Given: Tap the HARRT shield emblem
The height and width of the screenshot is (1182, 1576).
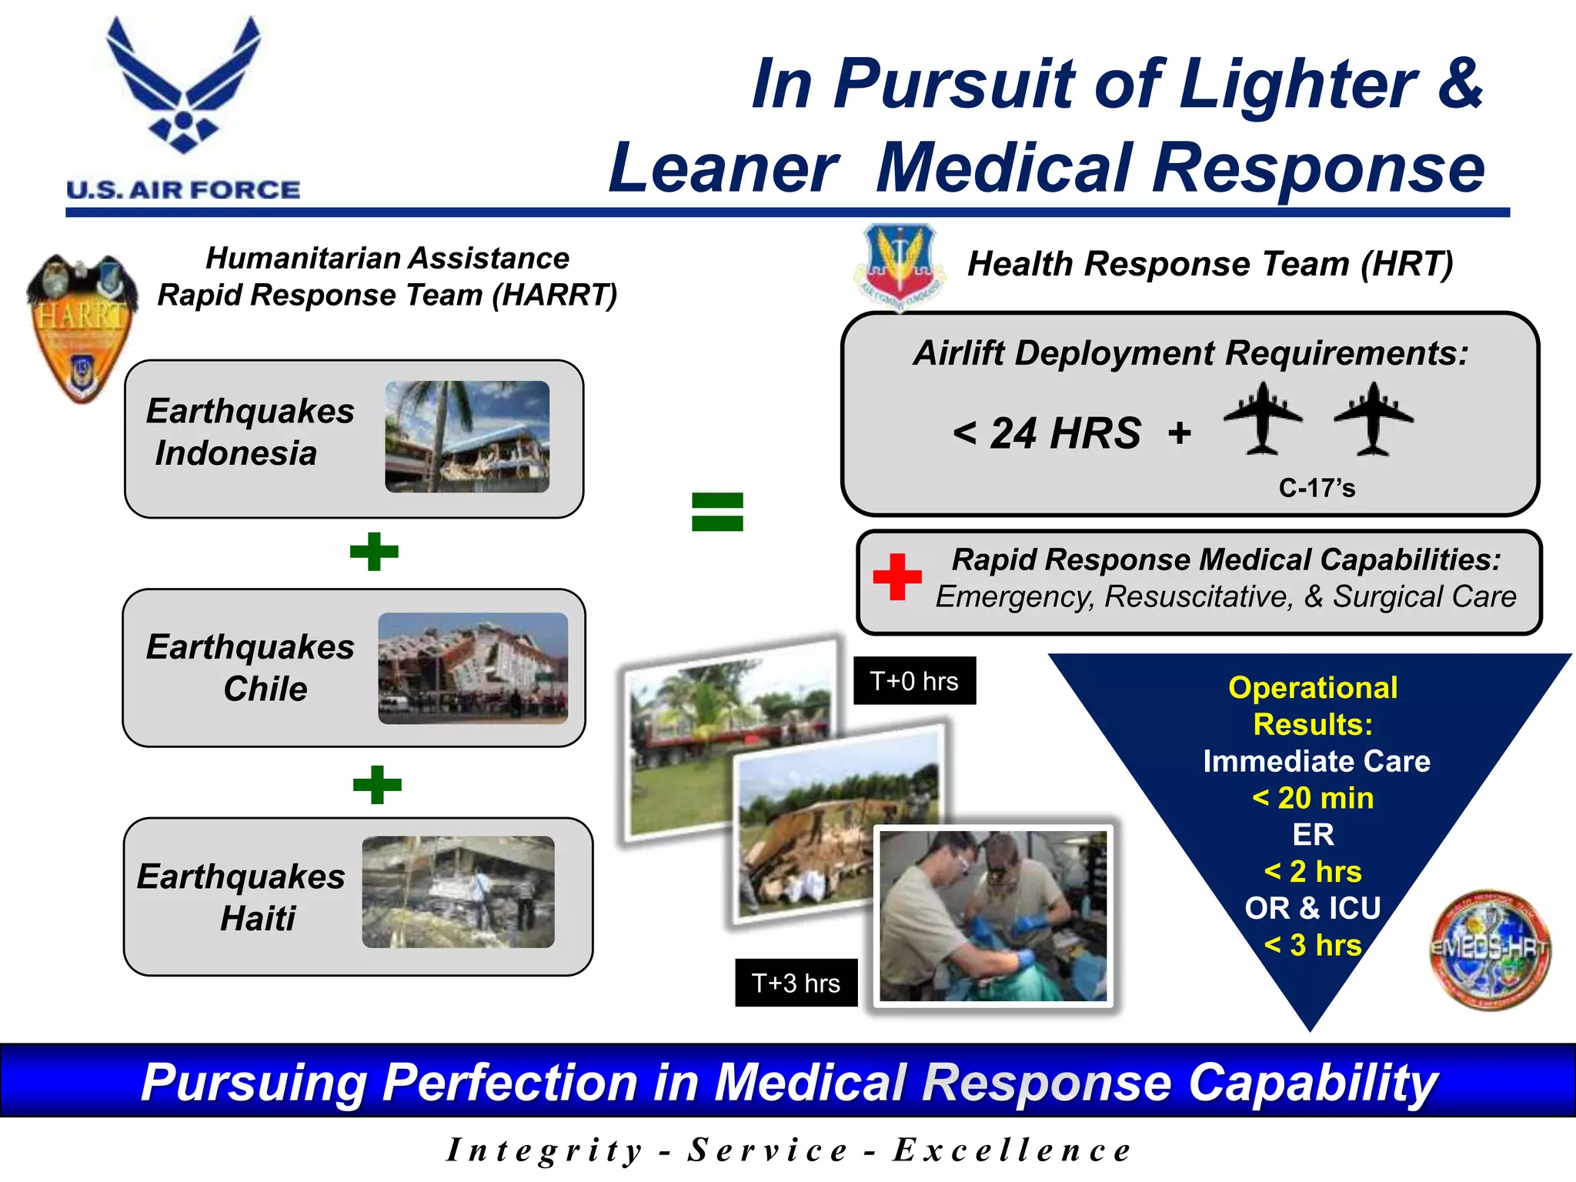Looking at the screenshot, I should click(82, 327).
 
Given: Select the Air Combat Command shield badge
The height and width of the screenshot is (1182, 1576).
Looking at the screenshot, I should click(900, 265).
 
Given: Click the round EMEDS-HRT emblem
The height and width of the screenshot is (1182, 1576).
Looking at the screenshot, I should click(1490, 950).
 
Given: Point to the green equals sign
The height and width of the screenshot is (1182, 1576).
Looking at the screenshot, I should click(717, 512).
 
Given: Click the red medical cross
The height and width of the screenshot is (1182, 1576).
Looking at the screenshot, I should click(897, 576).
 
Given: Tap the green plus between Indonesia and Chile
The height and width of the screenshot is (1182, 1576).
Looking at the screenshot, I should click(374, 552).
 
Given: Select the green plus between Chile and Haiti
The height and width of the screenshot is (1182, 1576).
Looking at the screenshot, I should click(377, 785).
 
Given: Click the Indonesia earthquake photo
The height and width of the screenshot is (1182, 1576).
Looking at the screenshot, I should click(467, 436).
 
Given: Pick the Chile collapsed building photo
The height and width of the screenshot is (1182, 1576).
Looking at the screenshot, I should click(472, 668).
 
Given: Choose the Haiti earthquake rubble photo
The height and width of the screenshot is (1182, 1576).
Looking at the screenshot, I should click(458, 892).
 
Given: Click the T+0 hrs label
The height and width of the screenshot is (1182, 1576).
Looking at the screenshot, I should click(914, 681).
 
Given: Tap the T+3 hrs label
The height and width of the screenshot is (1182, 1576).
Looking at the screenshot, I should click(796, 983).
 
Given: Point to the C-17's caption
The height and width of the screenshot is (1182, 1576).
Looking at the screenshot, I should click(1317, 488).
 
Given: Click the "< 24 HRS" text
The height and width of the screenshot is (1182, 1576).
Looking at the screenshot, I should click(1047, 433).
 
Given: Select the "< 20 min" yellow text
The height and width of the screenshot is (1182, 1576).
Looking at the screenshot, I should click(1313, 798).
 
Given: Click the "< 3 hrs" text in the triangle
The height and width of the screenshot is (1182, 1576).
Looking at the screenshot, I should click(1313, 945).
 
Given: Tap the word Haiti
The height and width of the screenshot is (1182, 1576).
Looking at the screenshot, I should click(258, 919).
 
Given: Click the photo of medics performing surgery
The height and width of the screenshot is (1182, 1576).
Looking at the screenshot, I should click(993, 916).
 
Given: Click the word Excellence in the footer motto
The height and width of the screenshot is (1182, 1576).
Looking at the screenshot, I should click(1011, 1150).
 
